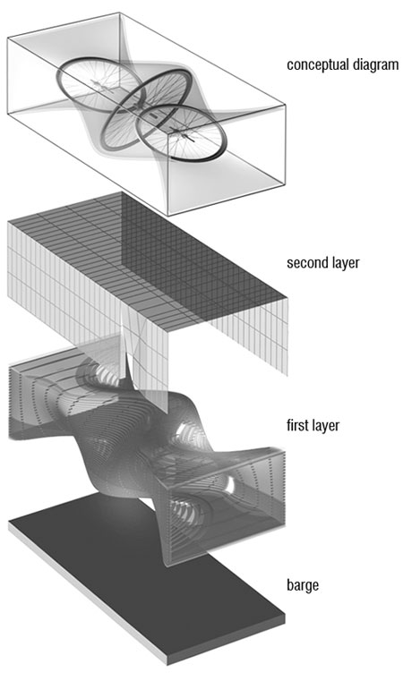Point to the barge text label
(303, 585)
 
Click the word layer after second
(344, 263)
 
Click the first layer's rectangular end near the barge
(226, 508)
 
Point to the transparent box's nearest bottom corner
(168, 215)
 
